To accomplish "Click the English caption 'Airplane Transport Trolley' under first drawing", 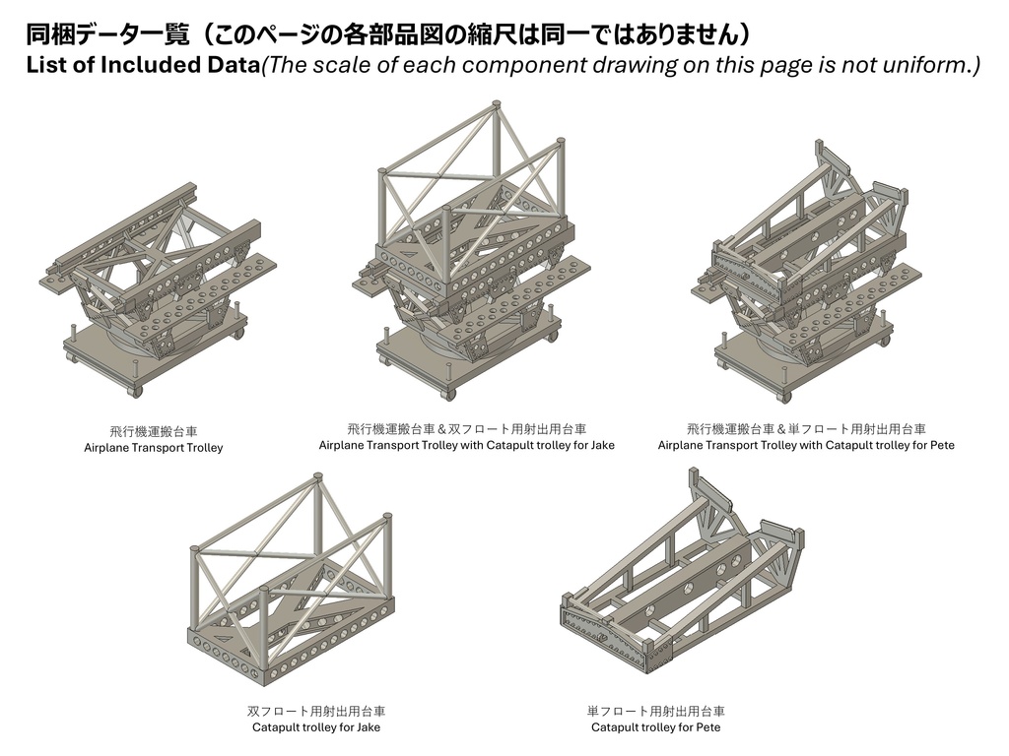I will pyautogui.click(x=154, y=448).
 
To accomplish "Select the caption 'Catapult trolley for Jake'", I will pyautogui.click(x=316, y=727).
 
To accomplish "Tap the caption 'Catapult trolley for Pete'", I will pyautogui.click(x=655, y=727).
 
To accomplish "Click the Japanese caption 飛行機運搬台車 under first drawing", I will pyautogui.click(x=154, y=431).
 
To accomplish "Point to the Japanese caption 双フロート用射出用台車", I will pyautogui.click(x=316, y=711).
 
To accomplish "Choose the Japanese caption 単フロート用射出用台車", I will pyautogui.click(x=655, y=711).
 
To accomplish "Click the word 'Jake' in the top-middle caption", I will pyautogui.click(x=601, y=445).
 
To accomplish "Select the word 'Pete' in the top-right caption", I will pyautogui.click(x=941, y=445).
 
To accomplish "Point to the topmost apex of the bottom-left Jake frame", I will pyautogui.click(x=317, y=477).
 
